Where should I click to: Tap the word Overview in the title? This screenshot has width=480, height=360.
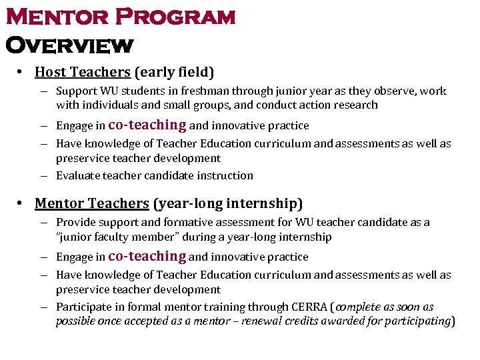[x=69, y=45]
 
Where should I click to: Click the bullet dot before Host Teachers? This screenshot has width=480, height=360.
[x=21, y=71]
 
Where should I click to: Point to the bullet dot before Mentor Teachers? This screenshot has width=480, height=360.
[x=21, y=203]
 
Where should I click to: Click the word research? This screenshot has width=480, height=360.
[x=355, y=105]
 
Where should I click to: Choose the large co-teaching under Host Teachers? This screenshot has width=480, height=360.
[x=147, y=125]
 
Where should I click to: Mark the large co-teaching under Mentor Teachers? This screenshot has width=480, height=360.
[x=147, y=256]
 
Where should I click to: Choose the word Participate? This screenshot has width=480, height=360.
[x=83, y=307]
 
